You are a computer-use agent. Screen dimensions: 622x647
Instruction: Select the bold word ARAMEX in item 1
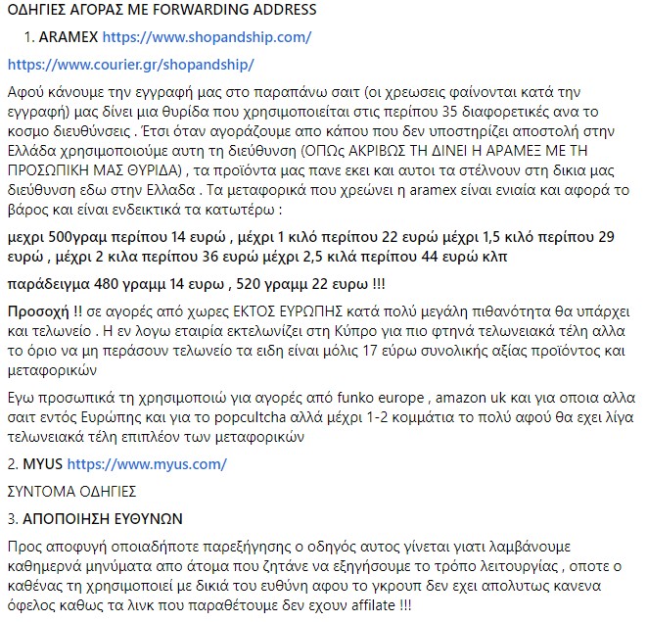click(69, 37)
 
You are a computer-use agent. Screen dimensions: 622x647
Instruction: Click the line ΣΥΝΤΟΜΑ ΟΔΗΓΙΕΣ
click(70, 489)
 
